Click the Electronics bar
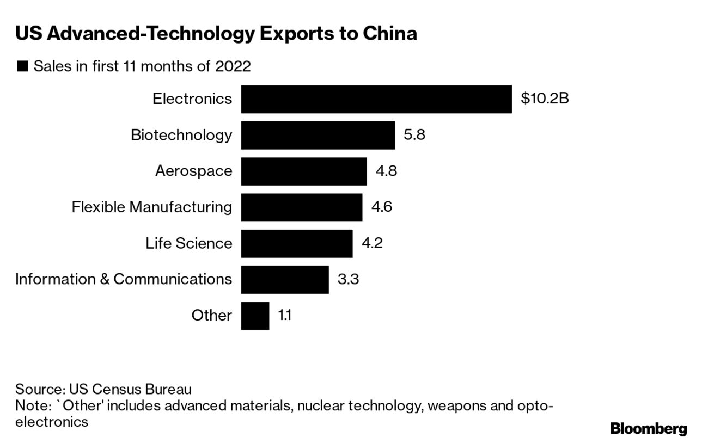376,99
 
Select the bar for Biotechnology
318,135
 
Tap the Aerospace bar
303,171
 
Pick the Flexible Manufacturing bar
301,207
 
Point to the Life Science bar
296,243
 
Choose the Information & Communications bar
284,279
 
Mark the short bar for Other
255,316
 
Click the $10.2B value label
545,99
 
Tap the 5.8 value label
414,135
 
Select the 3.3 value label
348,280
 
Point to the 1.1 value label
285,316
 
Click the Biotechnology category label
181,135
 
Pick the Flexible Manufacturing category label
152,207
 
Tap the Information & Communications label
124,279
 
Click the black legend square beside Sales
22,67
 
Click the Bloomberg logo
649,429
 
